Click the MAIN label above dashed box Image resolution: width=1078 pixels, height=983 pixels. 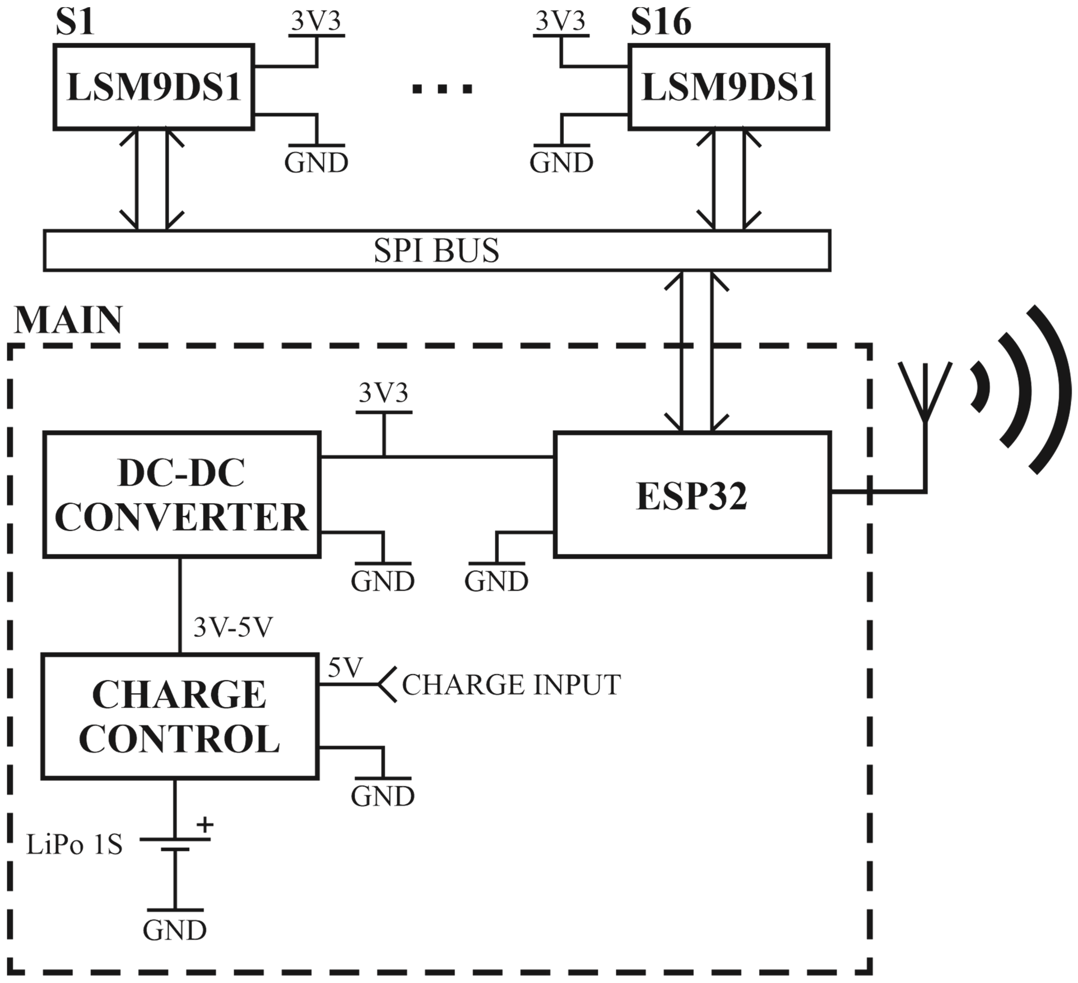68,321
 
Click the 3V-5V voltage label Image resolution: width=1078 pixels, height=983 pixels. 233,627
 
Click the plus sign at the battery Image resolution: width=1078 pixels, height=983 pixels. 204,825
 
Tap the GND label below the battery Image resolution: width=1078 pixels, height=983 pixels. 175,931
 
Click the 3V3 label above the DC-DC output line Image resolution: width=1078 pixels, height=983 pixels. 383,394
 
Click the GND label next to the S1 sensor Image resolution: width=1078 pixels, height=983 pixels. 316,163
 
